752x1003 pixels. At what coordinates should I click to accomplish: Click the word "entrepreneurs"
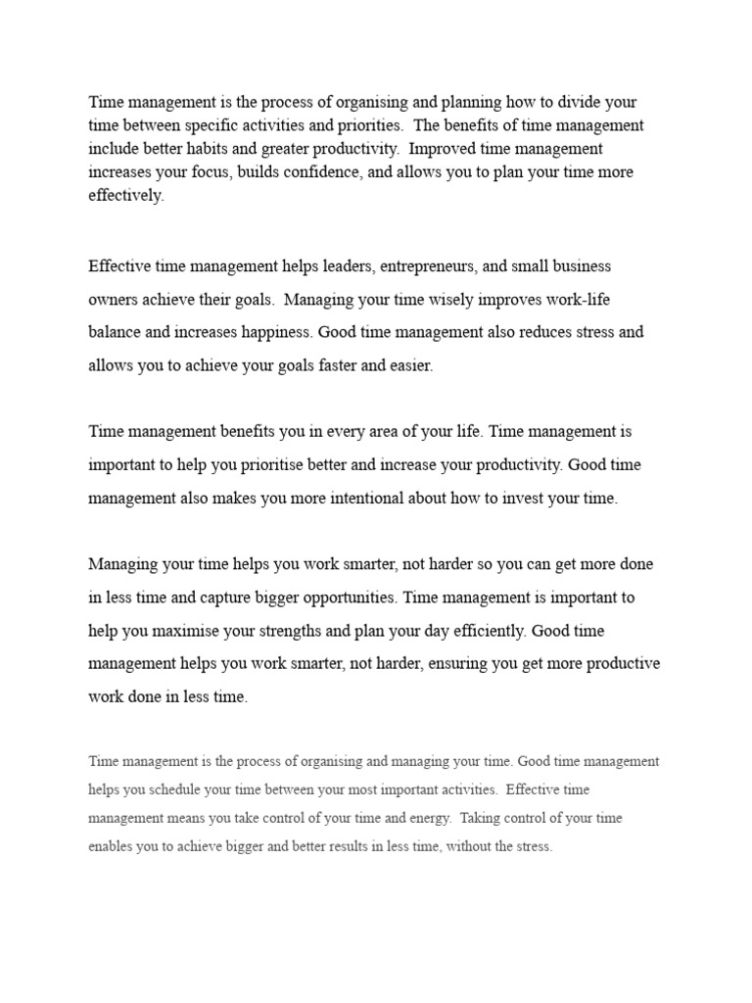(x=430, y=265)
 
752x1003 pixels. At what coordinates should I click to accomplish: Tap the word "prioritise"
(x=300, y=464)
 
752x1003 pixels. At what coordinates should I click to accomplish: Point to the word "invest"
(x=509, y=498)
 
